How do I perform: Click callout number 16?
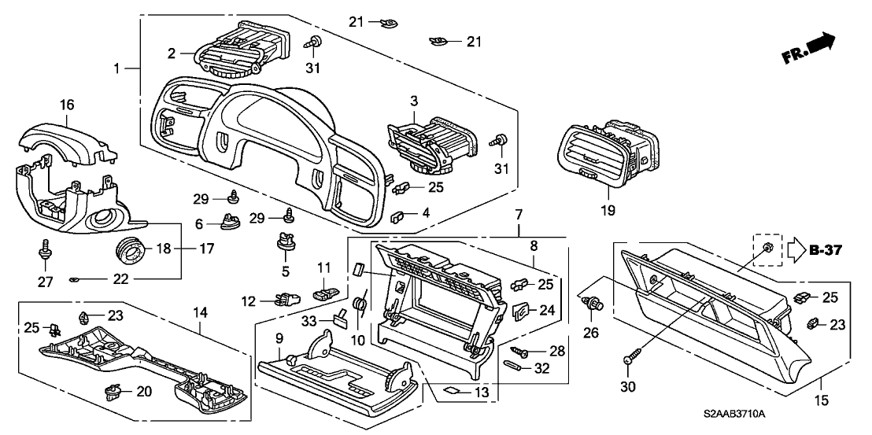click(x=66, y=105)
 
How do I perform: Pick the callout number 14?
click(x=200, y=313)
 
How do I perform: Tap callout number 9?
click(x=279, y=338)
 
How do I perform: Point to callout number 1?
click(x=117, y=69)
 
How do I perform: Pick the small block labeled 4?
click(x=398, y=213)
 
